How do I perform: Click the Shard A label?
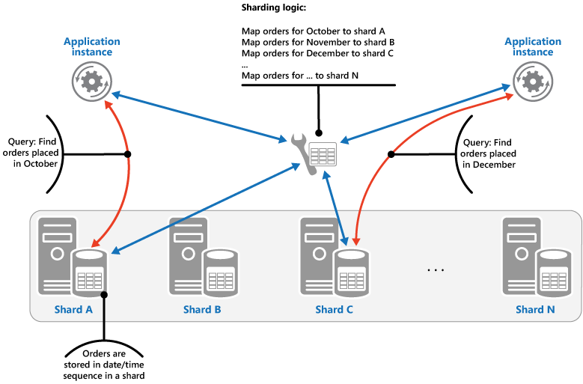(x=73, y=309)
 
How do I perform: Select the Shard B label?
(x=201, y=309)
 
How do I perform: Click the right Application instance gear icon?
(x=529, y=79)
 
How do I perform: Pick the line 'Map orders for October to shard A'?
(x=313, y=31)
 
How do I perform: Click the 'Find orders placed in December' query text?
(x=486, y=153)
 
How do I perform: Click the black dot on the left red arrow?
(x=128, y=154)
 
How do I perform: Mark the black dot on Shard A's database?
(x=105, y=294)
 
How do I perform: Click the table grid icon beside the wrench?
(x=323, y=156)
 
